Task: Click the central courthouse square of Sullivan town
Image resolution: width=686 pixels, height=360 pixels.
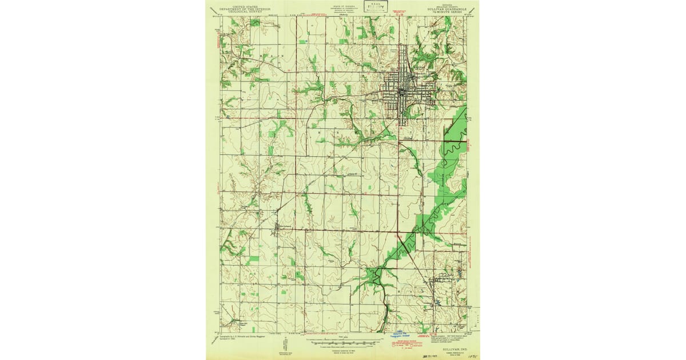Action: (401, 91)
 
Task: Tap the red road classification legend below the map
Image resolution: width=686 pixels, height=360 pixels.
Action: (407, 345)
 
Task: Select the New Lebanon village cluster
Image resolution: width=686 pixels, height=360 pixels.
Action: (277, 230)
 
